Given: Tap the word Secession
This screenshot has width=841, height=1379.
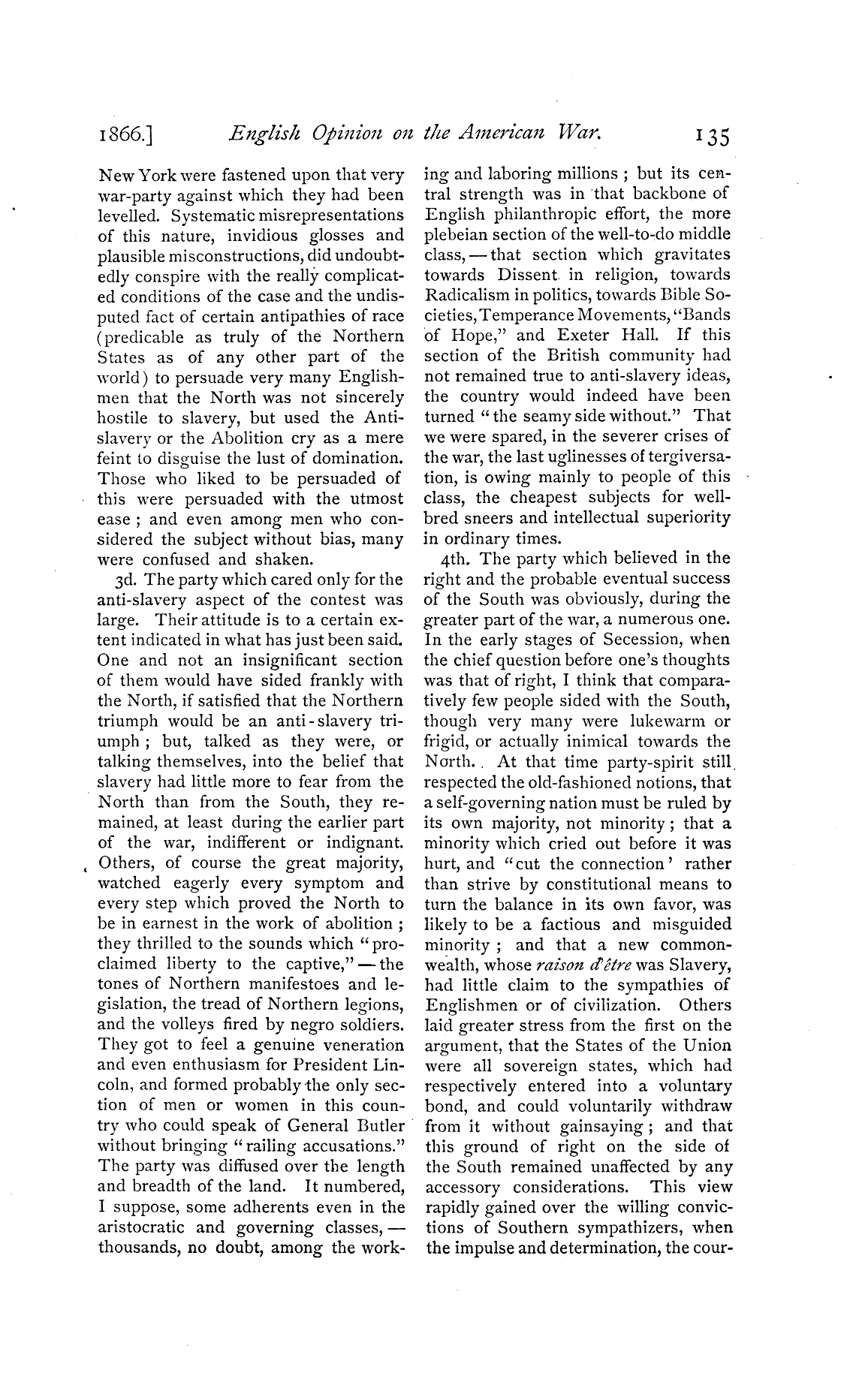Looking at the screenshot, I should [637, 640].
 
